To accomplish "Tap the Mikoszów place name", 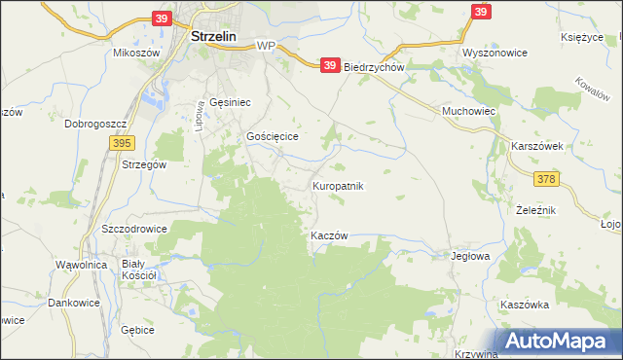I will (136, 53).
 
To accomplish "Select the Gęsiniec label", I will (230, 101).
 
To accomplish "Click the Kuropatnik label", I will (338, 185).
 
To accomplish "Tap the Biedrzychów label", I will (374, 67).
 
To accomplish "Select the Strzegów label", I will (145, 164).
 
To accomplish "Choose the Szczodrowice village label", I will (134, 229).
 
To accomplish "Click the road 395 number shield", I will (121, 142).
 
